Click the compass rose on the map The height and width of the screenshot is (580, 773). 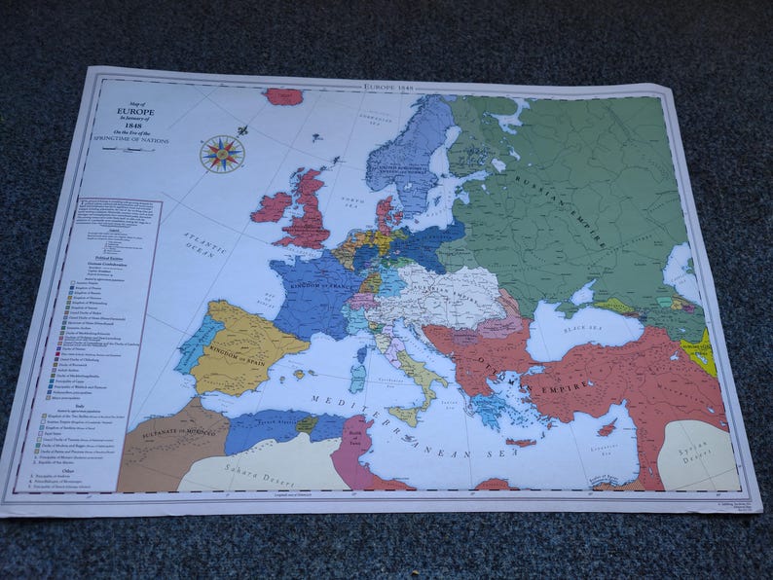pos(222,154)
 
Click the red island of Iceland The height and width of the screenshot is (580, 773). pos(283,96)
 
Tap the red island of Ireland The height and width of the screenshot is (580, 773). pos(273,206)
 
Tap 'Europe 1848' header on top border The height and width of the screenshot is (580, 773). pos(389,87)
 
